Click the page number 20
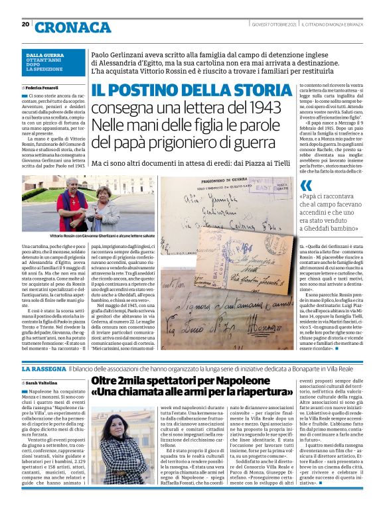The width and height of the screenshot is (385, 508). coord(25,25)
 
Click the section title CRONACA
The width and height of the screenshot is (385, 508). coord(73,27)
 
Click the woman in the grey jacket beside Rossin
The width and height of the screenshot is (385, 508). coord(106,210)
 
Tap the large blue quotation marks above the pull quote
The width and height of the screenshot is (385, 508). coord(307,187)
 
